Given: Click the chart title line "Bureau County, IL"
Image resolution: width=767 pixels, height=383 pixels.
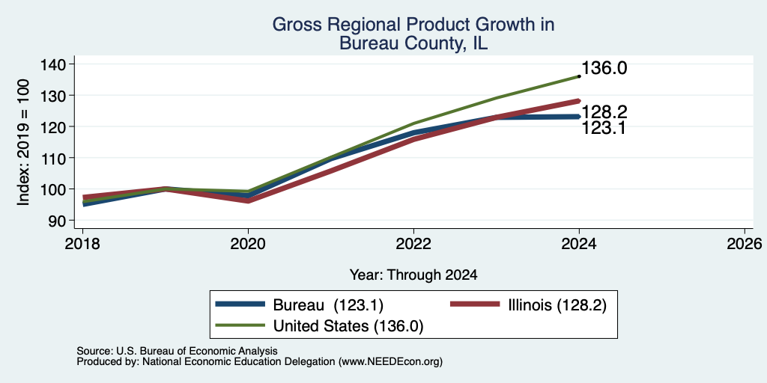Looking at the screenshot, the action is point(413,43).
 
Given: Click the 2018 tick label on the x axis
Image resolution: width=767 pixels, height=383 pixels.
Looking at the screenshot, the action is point(82,243).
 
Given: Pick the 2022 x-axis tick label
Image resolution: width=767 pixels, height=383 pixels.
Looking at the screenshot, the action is point(413,243).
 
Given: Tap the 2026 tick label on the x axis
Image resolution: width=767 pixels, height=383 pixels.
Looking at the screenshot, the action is point(745,243).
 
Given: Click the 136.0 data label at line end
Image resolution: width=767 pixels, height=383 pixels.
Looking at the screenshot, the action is point(604,68).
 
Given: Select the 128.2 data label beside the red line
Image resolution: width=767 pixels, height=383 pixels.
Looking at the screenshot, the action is point(604,112).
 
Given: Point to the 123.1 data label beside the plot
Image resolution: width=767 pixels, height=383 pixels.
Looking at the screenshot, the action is point(604,128).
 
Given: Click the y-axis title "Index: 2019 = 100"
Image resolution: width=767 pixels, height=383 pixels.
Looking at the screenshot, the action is point(23,142).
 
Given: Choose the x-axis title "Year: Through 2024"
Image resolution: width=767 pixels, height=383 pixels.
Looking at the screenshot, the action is point(413,275).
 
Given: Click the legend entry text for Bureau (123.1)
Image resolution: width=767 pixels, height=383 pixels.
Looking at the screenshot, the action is point(328,305).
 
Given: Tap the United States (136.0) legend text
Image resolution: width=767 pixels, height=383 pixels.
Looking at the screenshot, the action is point(348,326).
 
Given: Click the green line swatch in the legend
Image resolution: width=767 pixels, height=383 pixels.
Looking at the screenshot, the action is point(240,325).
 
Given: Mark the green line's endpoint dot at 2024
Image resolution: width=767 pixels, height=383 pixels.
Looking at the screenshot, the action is point(579,76).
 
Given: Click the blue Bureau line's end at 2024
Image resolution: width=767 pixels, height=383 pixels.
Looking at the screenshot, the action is point(579,116).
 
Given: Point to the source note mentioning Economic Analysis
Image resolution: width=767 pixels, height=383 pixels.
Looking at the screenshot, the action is point(177,351).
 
